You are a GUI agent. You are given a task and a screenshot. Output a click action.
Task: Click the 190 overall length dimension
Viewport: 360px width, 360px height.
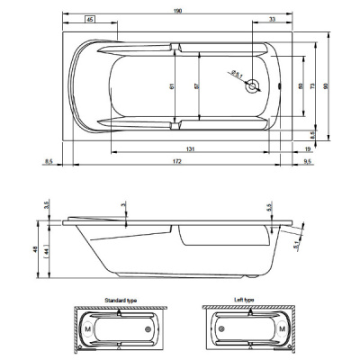click(177, 11)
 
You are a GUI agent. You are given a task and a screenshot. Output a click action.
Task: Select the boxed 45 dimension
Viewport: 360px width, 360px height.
click(90, 20)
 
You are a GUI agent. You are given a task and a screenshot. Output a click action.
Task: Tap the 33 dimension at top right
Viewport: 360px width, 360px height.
click(271, 20)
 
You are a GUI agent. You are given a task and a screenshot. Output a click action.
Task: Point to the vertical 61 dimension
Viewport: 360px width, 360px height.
click(170, 86)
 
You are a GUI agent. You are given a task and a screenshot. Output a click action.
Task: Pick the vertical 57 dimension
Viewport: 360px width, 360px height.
click(195, 86)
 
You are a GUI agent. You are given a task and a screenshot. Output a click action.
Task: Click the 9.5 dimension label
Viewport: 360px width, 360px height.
click(309, 162)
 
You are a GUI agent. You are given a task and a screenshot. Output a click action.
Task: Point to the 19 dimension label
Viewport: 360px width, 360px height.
click(308, 148)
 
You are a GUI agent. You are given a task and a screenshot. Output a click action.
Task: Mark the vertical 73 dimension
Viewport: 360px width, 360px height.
click(312, 86)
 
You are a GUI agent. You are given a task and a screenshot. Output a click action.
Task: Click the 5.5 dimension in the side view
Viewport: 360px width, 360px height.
click(269, 207)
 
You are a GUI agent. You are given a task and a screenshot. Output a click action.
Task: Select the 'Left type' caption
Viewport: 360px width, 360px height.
click(245, 297)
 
